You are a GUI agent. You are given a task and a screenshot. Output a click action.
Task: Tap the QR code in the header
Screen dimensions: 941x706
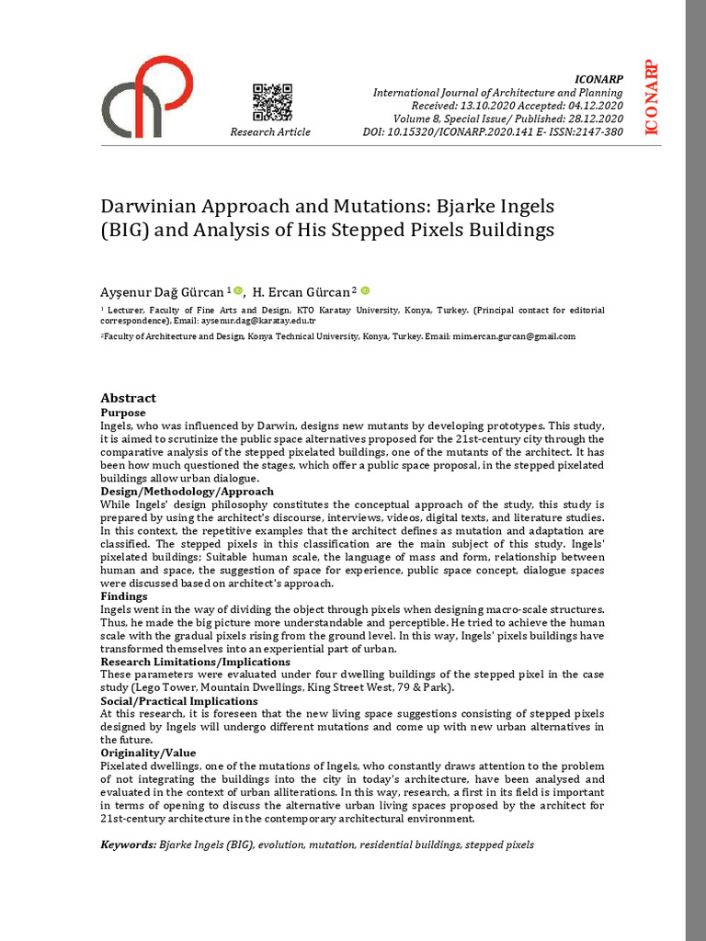coord(271,102)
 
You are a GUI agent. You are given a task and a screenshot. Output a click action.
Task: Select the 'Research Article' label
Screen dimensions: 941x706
coord(270,132)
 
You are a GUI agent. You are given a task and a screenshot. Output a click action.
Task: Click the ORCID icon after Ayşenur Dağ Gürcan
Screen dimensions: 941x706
coord(238,290)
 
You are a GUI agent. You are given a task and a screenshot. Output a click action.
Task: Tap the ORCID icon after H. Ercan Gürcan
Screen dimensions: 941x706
coord(365,290)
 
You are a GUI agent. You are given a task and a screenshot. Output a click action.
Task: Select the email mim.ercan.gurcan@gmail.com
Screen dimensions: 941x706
coord(513,337)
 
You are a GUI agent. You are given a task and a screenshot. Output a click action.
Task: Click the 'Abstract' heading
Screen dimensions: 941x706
coord(128,398)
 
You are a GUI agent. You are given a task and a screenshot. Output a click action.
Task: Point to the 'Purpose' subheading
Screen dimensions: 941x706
coord(123,413)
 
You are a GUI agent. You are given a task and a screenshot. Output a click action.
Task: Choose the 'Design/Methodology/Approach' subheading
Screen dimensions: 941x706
coord(187,492)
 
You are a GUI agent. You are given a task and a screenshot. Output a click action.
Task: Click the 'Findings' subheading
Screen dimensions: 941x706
coord(124,596)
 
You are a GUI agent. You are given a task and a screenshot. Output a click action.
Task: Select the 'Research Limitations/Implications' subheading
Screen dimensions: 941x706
coord(195,662)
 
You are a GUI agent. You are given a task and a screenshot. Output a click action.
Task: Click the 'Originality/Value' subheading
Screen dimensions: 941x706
coord(148,753)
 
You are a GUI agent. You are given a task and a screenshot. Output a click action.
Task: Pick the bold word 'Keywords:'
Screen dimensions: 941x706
coord(129,844)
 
